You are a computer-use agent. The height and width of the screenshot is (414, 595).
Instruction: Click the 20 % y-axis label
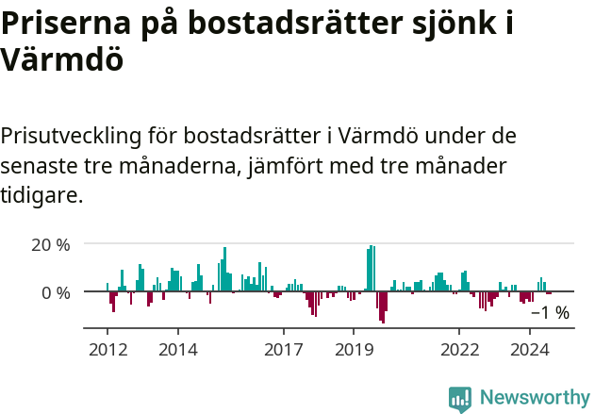pyautogui.click(x=51, y=244)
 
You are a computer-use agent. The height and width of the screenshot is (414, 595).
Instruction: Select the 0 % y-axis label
pyautogui.click(x=57, y=292)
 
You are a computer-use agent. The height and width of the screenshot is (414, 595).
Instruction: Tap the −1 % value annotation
pyautogui.click(x=550, y=313)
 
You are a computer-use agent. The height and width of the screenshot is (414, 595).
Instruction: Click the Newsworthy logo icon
pyautogui.click(x=460, y=398)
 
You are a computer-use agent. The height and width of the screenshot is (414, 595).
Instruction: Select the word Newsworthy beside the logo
pyautogui.click(x=535, y=398)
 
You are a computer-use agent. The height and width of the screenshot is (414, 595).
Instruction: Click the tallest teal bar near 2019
pyautogui.click(x=372, y=269)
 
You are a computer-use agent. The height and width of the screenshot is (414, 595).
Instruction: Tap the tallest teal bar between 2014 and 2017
pyautogui.click(x=224, y=270)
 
